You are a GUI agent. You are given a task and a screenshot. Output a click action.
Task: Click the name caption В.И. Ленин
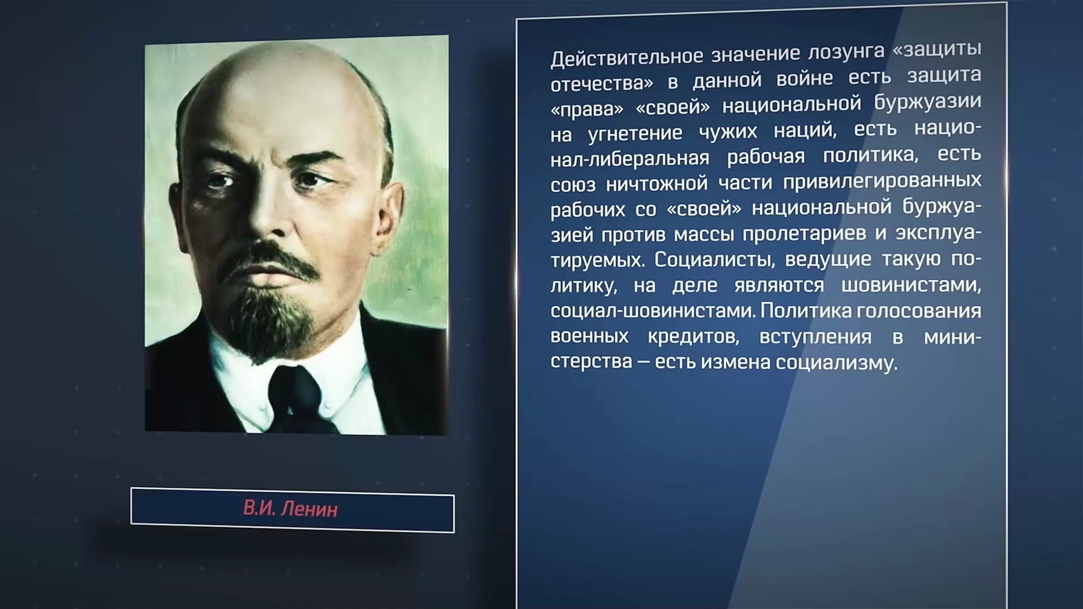290,509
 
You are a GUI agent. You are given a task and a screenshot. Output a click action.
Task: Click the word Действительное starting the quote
627,56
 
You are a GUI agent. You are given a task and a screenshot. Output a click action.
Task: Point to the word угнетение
635,134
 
